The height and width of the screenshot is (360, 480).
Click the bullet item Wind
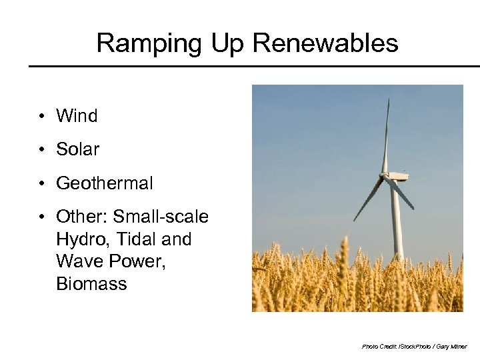pos(77,116)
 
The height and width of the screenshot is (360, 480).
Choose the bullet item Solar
pos(77,149)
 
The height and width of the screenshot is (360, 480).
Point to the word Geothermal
pos(105,183)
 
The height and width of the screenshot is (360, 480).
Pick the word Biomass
pos(91,284)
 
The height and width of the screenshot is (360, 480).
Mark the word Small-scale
pos(161,217)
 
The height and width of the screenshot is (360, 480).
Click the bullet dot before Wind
pos(41,117)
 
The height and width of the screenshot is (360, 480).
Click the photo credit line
pos(414,347)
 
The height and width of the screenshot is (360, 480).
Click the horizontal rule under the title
pos(253,66)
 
